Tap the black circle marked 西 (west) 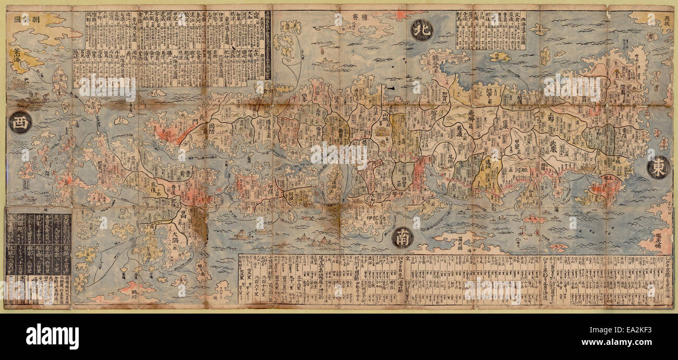tap(20, 122)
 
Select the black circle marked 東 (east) tap(658, 167)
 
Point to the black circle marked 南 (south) tap(403, 237)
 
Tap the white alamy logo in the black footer tap(52, 336)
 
